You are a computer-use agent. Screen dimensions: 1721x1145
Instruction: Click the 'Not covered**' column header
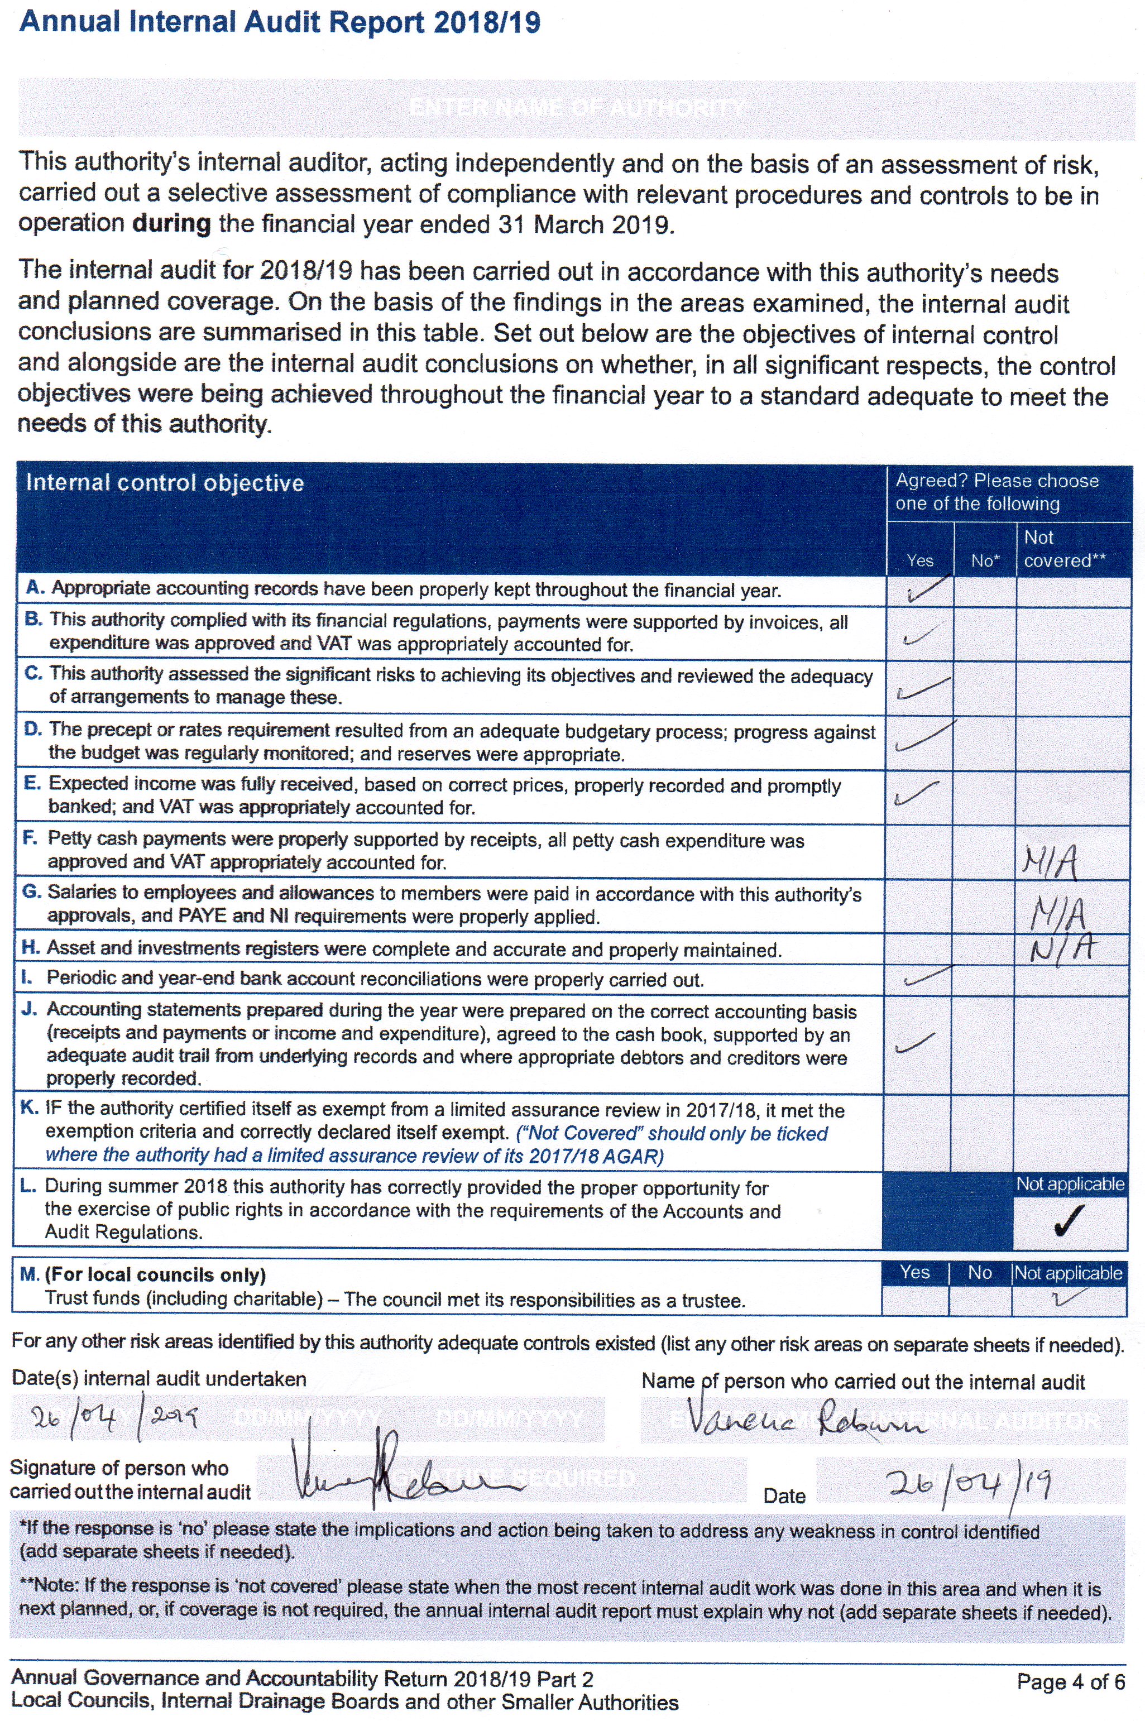tap(1064, 549)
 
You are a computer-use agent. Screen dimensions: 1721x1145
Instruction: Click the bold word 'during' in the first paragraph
tap(171, 223)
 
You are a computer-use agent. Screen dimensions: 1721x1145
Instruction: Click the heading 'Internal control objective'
tap(164, 483)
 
